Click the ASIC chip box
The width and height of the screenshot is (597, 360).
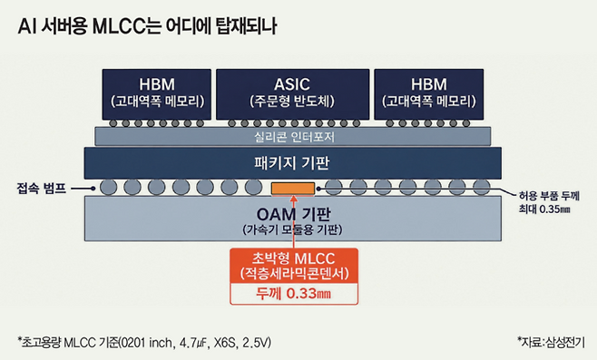292,94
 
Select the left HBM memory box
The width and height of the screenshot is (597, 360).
156,94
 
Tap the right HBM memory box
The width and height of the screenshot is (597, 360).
429,94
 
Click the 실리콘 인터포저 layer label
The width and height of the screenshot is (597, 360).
294,137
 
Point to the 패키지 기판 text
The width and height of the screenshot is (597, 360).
292,163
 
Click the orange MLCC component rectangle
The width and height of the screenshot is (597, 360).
293,189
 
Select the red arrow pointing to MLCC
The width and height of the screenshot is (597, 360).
293,221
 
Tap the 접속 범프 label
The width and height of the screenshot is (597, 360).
42,188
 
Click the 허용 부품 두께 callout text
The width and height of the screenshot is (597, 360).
549,196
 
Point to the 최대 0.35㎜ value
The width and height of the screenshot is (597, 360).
544,209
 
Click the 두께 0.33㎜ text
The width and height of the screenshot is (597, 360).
293,294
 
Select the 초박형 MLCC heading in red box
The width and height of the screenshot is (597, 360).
293,258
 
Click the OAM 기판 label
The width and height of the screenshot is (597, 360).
293,214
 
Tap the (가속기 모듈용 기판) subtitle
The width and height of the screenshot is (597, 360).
292,229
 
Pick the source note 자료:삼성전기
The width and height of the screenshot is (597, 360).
551,342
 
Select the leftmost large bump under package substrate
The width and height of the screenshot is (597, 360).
109,187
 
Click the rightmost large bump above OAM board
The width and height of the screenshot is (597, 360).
481,187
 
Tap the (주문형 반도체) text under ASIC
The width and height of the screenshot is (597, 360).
292,102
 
